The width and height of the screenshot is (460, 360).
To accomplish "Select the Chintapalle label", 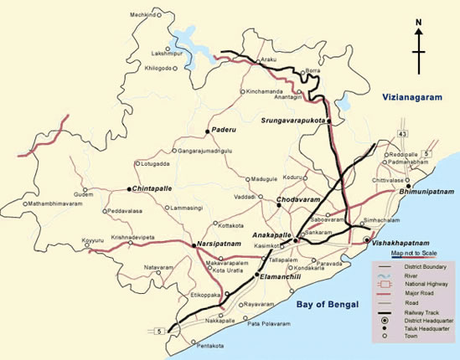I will pos(152,189).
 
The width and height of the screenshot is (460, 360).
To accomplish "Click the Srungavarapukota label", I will pos(294,121).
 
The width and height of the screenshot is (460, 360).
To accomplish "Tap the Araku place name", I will pos(268,60).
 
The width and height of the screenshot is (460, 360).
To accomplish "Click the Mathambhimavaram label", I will pos(58,203).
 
